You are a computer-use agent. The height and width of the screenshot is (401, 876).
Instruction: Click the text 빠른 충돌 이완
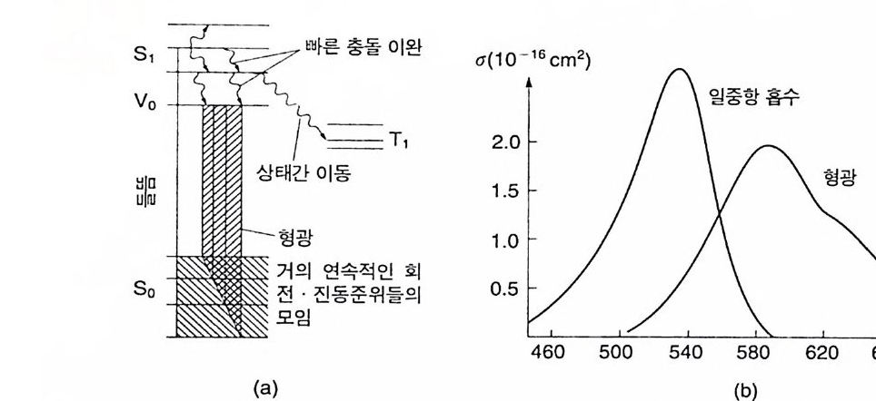pyautogui.click(x=362, y=47)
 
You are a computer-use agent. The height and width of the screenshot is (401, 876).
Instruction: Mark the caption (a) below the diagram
pyautogui.click(x=264, y=387)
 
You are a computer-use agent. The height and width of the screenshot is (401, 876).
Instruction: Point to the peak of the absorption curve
pyautogui.click(x=677, y=69)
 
